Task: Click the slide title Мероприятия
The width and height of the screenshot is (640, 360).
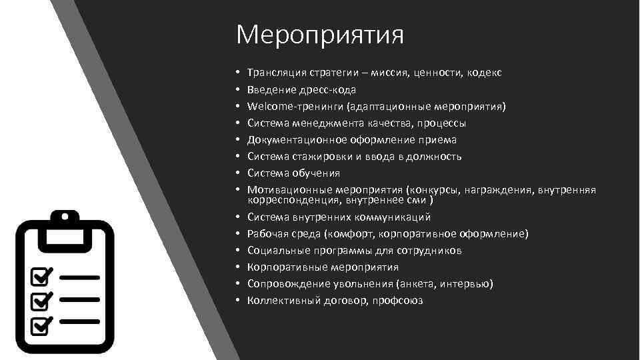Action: (319, 35)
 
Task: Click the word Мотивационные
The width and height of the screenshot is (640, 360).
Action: (287, 189)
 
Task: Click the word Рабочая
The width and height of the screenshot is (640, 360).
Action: (266, 233)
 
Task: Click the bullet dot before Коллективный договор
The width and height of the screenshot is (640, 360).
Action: (238, 301)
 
